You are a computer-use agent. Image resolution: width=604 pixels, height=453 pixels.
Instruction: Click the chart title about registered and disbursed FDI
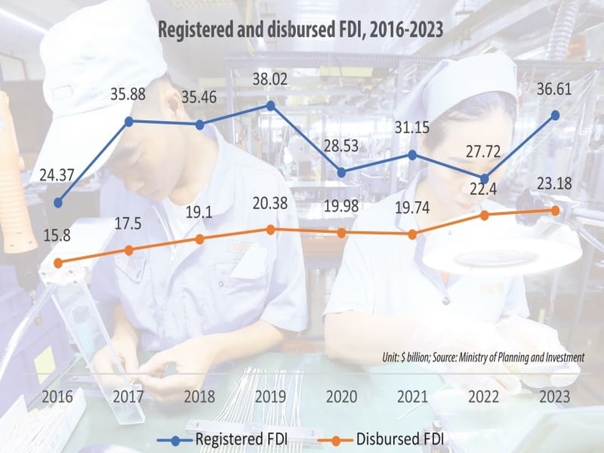300,31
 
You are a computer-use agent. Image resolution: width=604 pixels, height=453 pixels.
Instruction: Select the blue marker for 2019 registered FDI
271,106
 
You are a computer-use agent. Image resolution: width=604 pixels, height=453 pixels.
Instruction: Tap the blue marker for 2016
58,202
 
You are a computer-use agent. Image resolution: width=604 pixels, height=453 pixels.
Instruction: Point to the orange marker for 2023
556,211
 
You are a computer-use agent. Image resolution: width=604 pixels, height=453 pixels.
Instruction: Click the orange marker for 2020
342,233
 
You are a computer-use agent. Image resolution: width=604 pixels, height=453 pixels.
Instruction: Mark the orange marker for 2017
129,250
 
